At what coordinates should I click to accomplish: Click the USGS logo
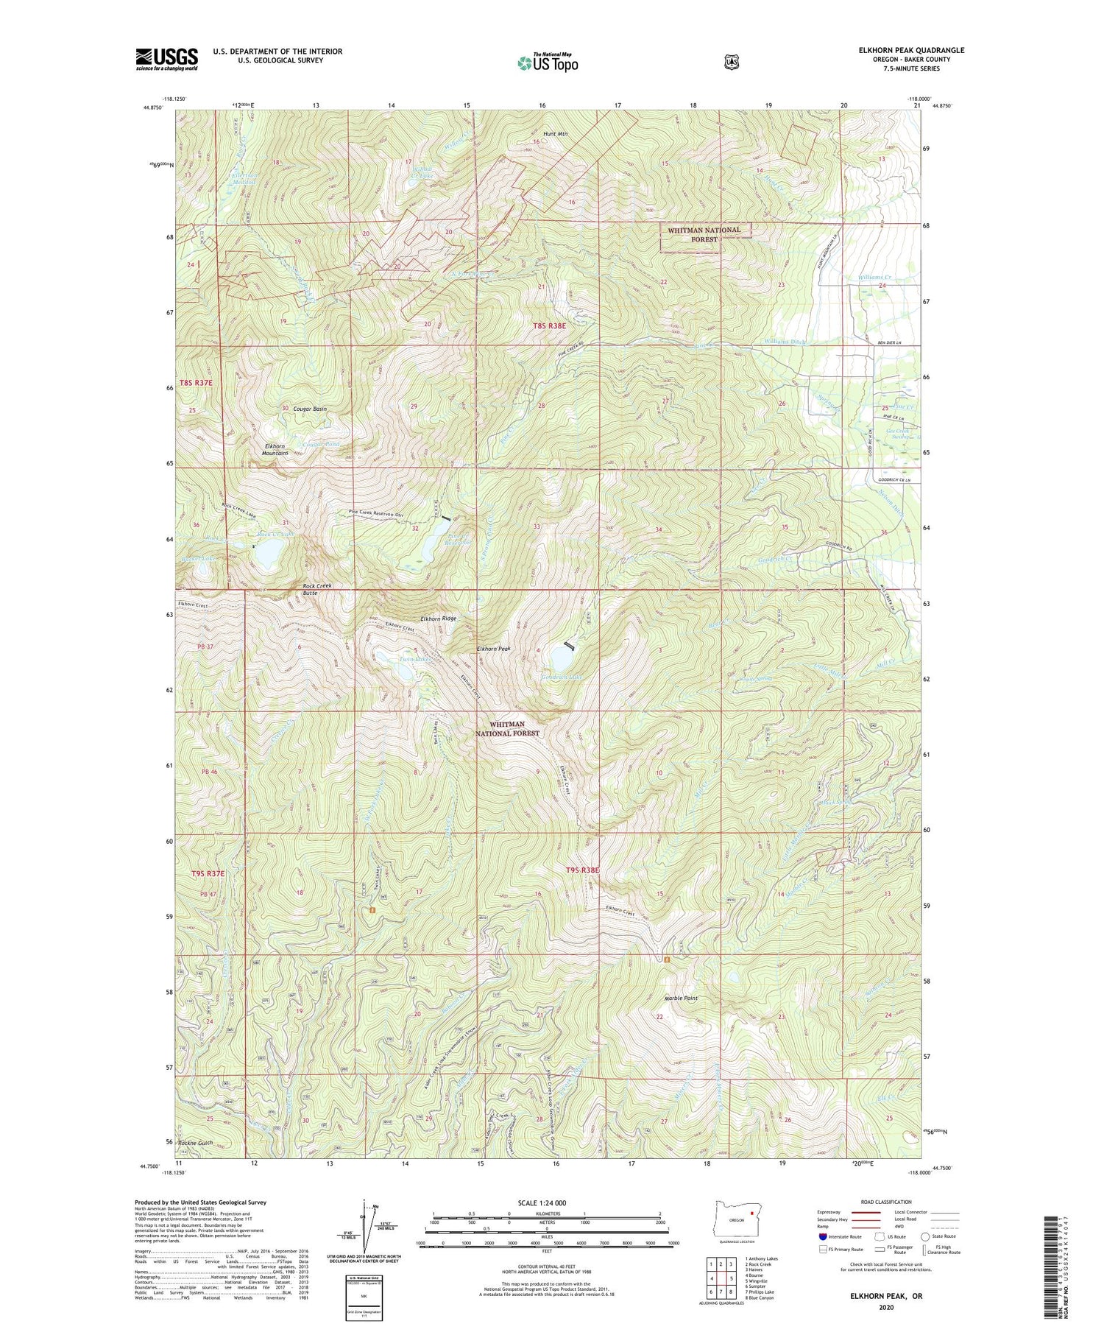pos(166,59)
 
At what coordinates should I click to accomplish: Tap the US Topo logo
pos(548,63)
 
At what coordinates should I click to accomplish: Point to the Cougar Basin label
pos(310,408)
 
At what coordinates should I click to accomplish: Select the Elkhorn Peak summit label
pos(494,649)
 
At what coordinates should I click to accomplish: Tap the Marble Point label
pos(681,998)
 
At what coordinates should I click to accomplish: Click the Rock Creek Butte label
pos(317,588)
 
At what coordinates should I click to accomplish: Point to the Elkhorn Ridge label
pos(440,619)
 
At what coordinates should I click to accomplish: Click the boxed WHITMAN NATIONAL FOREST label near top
pos(704,234)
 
